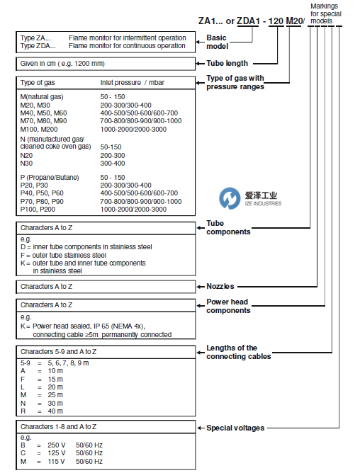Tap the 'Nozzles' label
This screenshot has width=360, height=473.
pyautogui.click(x=220, y=286)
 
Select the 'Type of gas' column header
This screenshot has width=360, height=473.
pyautogui.click(x=43, y=83)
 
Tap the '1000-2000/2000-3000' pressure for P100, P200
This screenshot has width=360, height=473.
pyautogui.click(x=135, y=209)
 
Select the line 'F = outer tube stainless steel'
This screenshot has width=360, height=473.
pyautogui.click(x=63, y=255)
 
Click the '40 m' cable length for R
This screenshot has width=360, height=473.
pyautogui.click(x=54, y=411)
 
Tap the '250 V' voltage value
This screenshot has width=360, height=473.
pyautogui.click(x=54, y=445)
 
